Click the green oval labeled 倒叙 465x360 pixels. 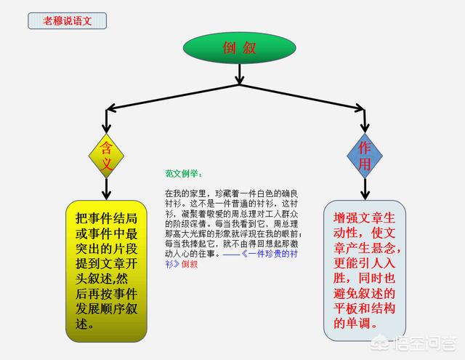pyautogui.click(x=239, y=48)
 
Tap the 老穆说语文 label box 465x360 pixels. pyautogui.click(x=68, y=21)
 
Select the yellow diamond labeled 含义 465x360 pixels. pyautogui.click(x=106, y=156)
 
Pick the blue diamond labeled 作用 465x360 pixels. pyautogui.click(x=365, y=156)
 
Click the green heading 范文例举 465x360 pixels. pyautogui.click(x=184, y=174)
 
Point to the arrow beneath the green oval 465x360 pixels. pyautogui.click(x=239, y=74)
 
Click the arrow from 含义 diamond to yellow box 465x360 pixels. pyautogui.click(x=106, y=189)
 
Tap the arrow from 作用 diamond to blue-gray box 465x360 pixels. pyautogui.click(x=365, y=189)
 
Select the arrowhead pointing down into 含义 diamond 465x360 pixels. pyautogui.click(x=106, y=129)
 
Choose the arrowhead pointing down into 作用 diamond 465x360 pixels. pyautogui.click(x=365, y=128)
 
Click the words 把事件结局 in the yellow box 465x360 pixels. pyautogui.click(x=106, y=218)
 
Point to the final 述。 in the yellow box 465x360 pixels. pyautogui.click(x=85, y=324)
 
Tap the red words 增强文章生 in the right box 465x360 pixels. pyautogui.click(x=364, y=218)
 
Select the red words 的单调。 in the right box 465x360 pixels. pyautogui.click(x=355, y=323)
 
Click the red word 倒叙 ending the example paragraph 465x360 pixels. pyautogui.click(x=190, y=264)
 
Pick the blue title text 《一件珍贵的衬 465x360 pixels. pyautogui.click(x=269, y=254)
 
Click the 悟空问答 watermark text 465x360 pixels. pyautogui.click(x=424, y=343)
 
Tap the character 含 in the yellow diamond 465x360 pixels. pyautogui.click(x=106, y=148)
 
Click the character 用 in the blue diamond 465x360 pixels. pyautogui.click(x=365, y=164)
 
